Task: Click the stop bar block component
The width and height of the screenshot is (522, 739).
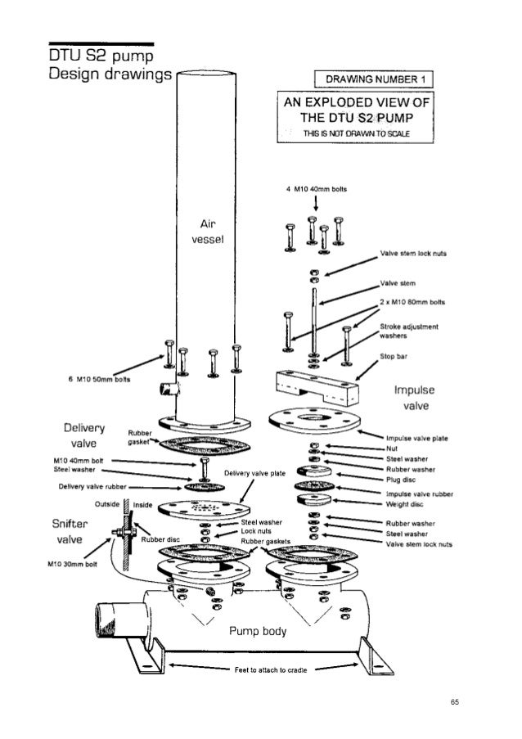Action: (x=314, y=385)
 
